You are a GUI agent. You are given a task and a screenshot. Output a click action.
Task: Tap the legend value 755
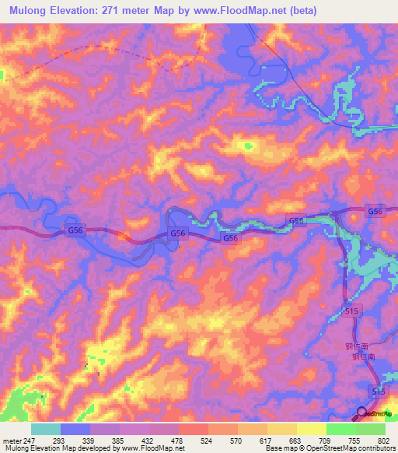[x=354, y=441]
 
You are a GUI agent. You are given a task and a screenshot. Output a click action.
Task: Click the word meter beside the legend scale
[x=11, y=441]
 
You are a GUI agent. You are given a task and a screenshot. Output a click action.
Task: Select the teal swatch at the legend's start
[x=46, y=429]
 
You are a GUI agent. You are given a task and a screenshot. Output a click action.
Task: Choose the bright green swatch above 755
[x=341, y=429]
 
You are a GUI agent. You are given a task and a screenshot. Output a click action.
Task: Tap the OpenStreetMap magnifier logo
[x=362, y=413]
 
